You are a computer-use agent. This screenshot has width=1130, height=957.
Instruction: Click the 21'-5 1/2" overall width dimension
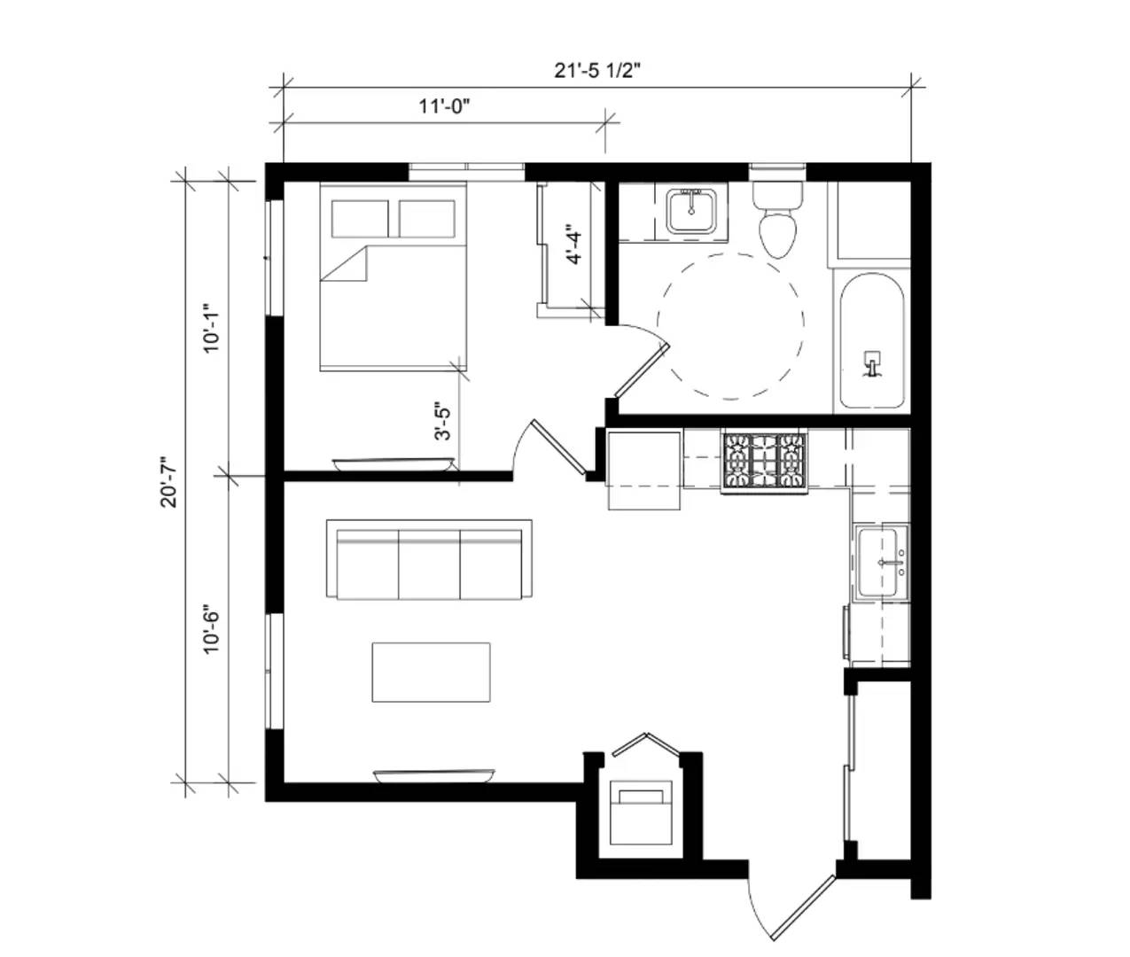point(596,71)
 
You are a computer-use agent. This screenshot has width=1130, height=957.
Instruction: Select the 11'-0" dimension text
point(444,106)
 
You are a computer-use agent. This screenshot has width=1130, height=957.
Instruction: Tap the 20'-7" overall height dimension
point(169,482)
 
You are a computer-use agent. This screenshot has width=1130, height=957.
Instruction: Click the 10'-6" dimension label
point(211,628)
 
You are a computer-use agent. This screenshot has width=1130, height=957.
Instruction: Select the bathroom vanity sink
point(691,210)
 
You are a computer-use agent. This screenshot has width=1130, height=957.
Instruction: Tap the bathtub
point(871,341)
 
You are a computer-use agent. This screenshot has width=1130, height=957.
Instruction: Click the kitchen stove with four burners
point(765,462)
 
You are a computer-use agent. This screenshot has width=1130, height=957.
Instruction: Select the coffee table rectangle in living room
point(431,673)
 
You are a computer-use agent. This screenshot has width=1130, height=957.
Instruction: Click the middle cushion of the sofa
point(429,564)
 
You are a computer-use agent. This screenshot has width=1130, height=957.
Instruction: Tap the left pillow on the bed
point(360,219)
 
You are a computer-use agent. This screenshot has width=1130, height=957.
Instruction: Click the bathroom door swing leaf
point(642,370)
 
